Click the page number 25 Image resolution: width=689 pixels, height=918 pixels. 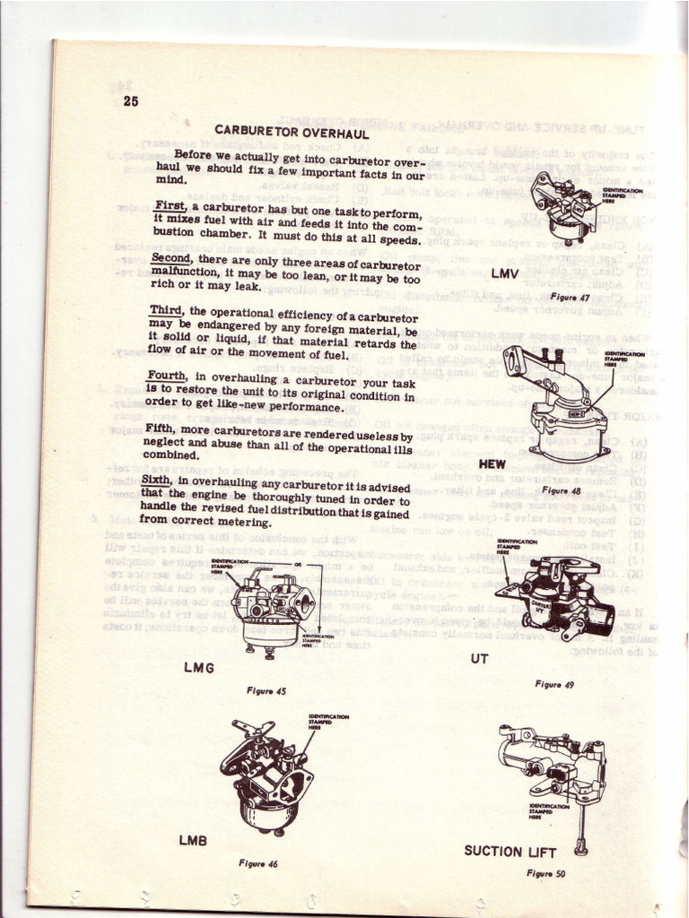tap(131, 101)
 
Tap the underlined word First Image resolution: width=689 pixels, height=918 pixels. tap(169, 205)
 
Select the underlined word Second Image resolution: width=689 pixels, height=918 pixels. tap(171, 257)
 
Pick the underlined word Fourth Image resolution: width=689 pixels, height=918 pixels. tap(167, 377)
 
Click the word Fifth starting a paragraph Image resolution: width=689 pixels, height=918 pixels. tap(161, 428)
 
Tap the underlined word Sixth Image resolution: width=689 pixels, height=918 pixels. tap(159, 481)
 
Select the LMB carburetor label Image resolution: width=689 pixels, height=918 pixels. tap(193, 840)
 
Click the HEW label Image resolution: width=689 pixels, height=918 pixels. tap(493, 464)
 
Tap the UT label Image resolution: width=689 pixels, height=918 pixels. tap(479, 659)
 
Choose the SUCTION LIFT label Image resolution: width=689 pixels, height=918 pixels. tap(510, 851)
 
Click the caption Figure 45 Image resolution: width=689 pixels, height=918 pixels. tap(266, 690)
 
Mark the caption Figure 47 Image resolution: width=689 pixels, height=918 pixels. tap(569, 296)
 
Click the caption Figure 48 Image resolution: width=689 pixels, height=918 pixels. tap(563, 490)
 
